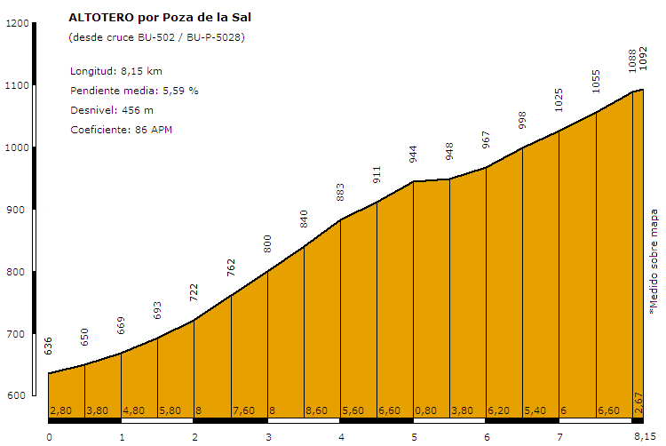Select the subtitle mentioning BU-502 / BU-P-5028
pyautogui.click(x=156, y=37)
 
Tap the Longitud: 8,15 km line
pyautogui.click(x=115, y=71)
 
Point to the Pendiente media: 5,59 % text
pyautogui.click(x=134, y=91)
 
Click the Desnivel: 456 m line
pyautogui.click(x=112, y=110)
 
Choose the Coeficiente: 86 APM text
pyautogui.click(x=121, y=130)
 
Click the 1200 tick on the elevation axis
pyautogui.click(x=17, y=24)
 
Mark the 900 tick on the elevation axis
pyautogui.click(x=17, y=211)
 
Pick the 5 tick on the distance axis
pyautogui.click(x=414, y=436)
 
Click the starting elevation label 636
pyautogui.click(x=49, y=346)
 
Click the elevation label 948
pyautogui.click(x=449, y=151)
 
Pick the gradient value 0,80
pyautogui.click(x=427, y=410)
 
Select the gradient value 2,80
pyautogui.click(x=60, y=410)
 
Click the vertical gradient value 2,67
pyautogui.click(x=638, y=402)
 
